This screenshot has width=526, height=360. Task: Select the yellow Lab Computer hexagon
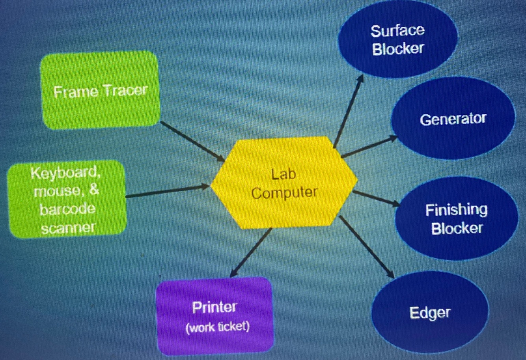pyautogui.click(x=284, y=183)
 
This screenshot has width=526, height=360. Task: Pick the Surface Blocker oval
pyautogui.click(x=397, y=39)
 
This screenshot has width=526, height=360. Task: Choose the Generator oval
pyautogui.click(x=453, y=119)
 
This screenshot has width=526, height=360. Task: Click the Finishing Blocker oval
pyautogui.click(x=457, y=219)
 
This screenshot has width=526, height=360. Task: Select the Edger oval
pyautogui.click(x=430, y=313)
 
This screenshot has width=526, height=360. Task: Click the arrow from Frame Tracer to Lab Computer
pyautogui.click(x=192, y=141)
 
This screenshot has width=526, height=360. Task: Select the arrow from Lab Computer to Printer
pyautogui.click(x=251, y=252)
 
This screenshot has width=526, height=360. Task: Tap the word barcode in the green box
pyautogui.click(x=67, y=209)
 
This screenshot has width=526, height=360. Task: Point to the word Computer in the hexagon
pyautogui.click(x=284, y=193)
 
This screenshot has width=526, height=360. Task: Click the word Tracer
pyautogui.click(x=126, y=91)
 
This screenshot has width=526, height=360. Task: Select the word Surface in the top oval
pyautogui.click(x=397, y=31)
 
